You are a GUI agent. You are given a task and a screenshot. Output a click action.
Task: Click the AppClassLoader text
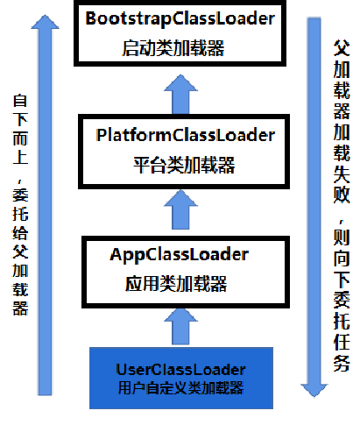(180, 254)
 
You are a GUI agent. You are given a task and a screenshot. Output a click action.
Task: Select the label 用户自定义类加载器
(180, 365)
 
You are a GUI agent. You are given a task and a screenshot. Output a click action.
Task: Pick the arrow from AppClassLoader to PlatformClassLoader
(181, 210)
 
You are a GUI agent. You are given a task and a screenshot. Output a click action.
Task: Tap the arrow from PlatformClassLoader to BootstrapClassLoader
(181, 91)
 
